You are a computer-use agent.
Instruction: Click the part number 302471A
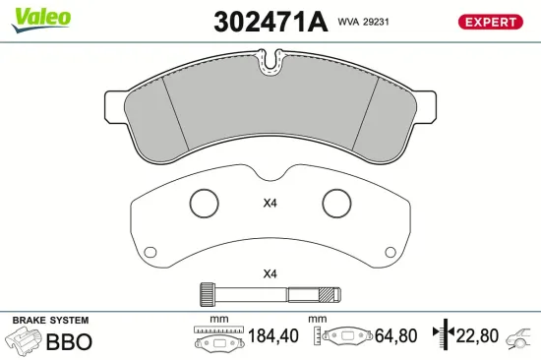pos(269,22)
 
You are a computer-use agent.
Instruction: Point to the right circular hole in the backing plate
pos(336,204)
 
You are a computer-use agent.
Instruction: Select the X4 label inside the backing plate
pos(270,205)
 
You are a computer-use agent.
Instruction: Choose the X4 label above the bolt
pos(270,273)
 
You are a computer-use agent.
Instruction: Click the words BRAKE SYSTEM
pos(49,321)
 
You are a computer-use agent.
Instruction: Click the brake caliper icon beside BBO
pos(24,340)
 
